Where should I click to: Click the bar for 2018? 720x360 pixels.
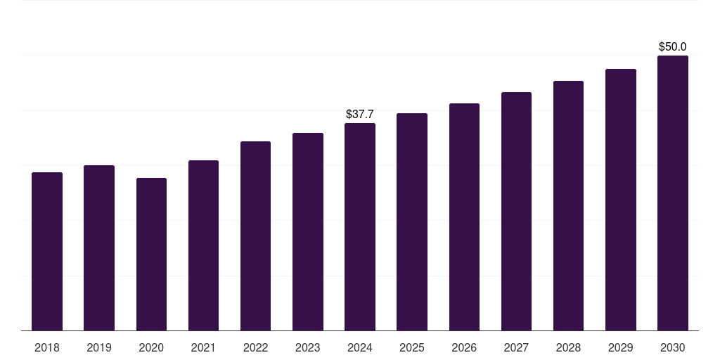pyautogui.click(x=47, y=252)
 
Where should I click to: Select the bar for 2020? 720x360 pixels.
pyautogui.click(x=151, y=255)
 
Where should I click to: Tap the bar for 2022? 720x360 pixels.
pyautogui.click(x=255, y=236)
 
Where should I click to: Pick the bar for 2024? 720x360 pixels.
pyautogui.click(x=360, y=227)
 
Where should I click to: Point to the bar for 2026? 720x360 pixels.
pyautogui.click(x=464, y=217)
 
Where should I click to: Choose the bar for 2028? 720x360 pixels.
pyautogui.click(x=568, y=206)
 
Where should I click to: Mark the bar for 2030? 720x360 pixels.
pyautogui.click(x=673, y=193)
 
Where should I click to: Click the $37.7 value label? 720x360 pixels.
pyautogui.click(x=360, y=114)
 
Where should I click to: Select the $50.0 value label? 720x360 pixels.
pyautogui.click(x=673, y=46)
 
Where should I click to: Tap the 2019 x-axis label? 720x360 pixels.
pyautogui.click(x=99, y=347)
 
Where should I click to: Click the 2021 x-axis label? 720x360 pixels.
pyautogui.click(x=203, y=347)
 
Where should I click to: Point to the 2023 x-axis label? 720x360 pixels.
pyautogui.click(x=308, y=347)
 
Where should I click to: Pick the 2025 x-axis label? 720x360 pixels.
pyautogui.click(x=412, y=347)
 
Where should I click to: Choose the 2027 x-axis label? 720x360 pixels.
pyautogui.click(x=516, y=347)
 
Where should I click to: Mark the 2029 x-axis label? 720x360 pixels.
pyautogui.click(x=620, y=347)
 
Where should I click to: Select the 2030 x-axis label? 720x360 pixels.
pyautogui.click(x=673, y=347)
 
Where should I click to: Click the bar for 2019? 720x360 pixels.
pyautogui.click(x=99, y=248)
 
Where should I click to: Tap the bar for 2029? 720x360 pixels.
pyautogui.click(x=621, y=200)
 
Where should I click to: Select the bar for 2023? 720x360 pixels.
pyautogui.click(x=308, y=232)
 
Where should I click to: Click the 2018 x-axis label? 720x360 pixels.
pyautogui.click(x=47, y=347)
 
